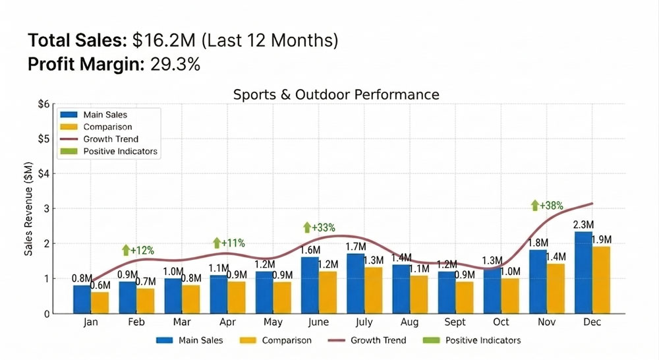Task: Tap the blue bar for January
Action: [81, 299]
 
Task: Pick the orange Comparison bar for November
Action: [556, 288]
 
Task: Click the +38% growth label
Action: [552, 206]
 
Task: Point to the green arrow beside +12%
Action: [125, 250]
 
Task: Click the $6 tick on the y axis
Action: [43, 104]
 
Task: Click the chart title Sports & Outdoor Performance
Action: [336, 95]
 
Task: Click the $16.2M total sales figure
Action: [164, 41]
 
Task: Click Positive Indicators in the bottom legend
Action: [482, 340]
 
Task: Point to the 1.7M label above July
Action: [355, 247]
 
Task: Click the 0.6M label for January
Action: [101, 285]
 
